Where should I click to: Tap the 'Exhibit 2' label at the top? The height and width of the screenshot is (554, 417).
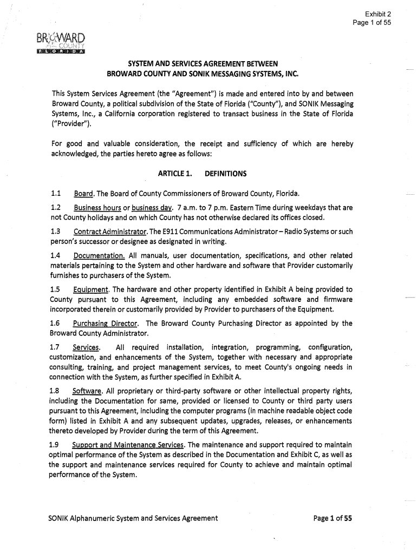(x=377, y=14)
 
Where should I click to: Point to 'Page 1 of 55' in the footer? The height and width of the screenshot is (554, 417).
(x=333, y=518)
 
